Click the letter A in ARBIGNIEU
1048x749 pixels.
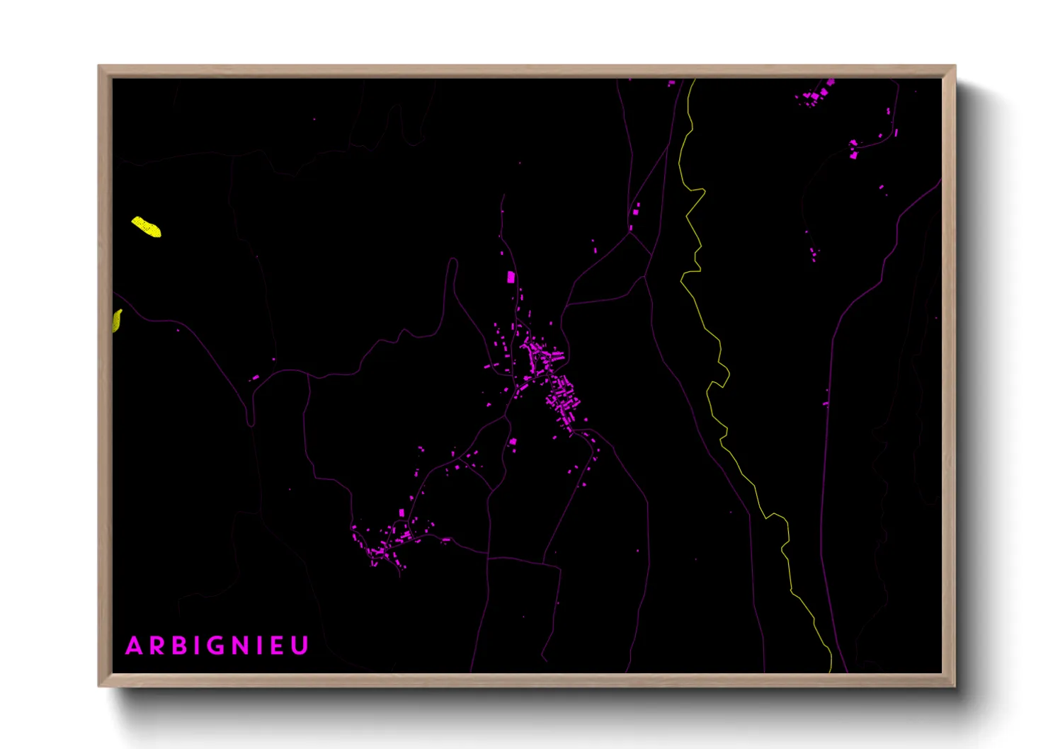134,646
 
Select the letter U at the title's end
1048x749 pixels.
300,646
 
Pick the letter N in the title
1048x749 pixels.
241,646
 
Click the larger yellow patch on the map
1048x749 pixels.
147,227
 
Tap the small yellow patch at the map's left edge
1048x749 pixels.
117,321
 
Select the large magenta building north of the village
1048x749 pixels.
511,277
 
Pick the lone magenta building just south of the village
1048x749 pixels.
513,442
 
